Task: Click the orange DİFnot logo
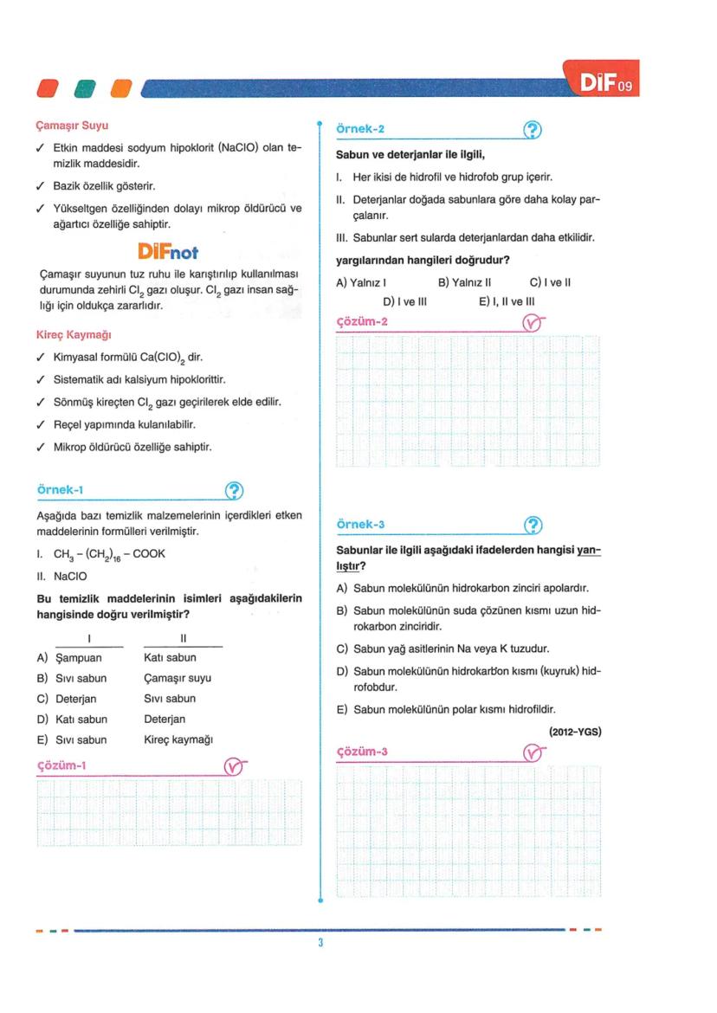tap(168, 252)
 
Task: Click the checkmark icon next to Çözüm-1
tap(234, 765)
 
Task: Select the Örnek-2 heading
tap(360, 129)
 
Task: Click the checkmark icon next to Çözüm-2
tap(534, 324)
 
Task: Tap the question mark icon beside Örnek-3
tap(534, 525)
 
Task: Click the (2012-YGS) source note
tap(575, 732)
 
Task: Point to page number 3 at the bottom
tap(320, 942)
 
